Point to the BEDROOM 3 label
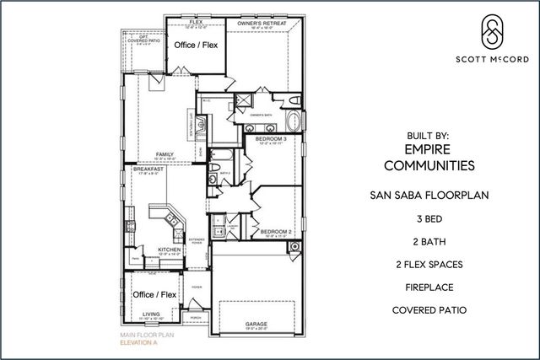pyautogui.click(x=271, y=138)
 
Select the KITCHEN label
pyautogui.click(x=170, y=250)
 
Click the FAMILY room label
pyautogui.click(x=164, y=154)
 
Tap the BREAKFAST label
pyautogui.click(x=148, y=169)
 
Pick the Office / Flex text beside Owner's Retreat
pyautogui.click(x=199, y=46)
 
